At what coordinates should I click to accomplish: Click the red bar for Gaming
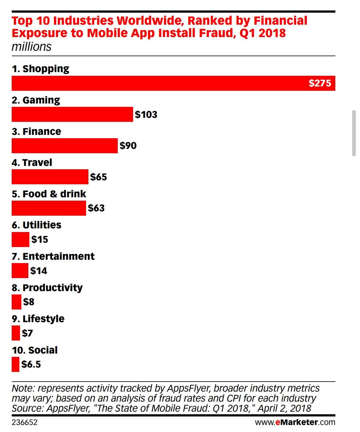point(72,115)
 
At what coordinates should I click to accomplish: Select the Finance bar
point(64,146)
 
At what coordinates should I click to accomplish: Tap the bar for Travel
point(50,177)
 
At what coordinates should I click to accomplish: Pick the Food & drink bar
point(49,208)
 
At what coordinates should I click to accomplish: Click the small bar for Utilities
point(20,239)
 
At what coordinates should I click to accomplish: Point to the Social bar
point(15,364)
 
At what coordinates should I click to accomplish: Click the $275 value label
point(320,83)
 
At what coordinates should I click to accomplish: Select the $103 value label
point(146,115)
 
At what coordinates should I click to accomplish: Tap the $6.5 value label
point(31,364)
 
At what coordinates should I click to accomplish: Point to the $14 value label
point(39,271)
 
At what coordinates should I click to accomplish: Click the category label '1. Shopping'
point(40,69)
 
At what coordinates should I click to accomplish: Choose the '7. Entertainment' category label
point(53,256)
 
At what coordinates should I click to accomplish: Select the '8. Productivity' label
point(47,288)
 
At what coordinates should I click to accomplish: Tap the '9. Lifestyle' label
point(38,319)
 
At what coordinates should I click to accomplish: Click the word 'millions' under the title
point(31,47)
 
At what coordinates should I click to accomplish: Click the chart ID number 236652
point(24,422)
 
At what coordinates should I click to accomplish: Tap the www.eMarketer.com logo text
point(295,422)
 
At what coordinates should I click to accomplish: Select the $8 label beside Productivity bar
point(29,302)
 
